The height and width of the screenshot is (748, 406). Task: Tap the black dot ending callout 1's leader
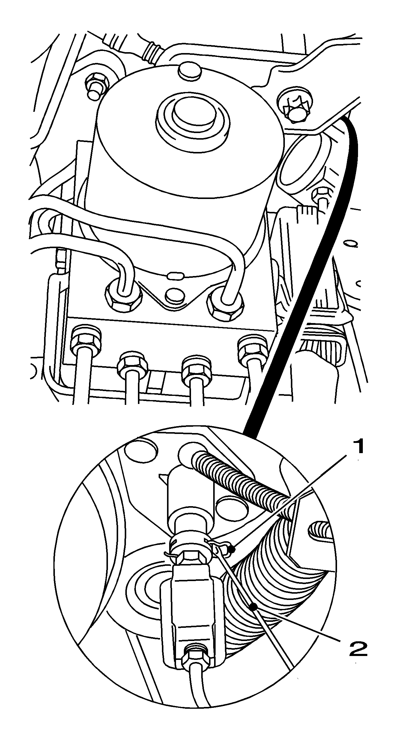point(231,549)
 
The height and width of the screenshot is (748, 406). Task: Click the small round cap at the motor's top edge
point(190,71)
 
